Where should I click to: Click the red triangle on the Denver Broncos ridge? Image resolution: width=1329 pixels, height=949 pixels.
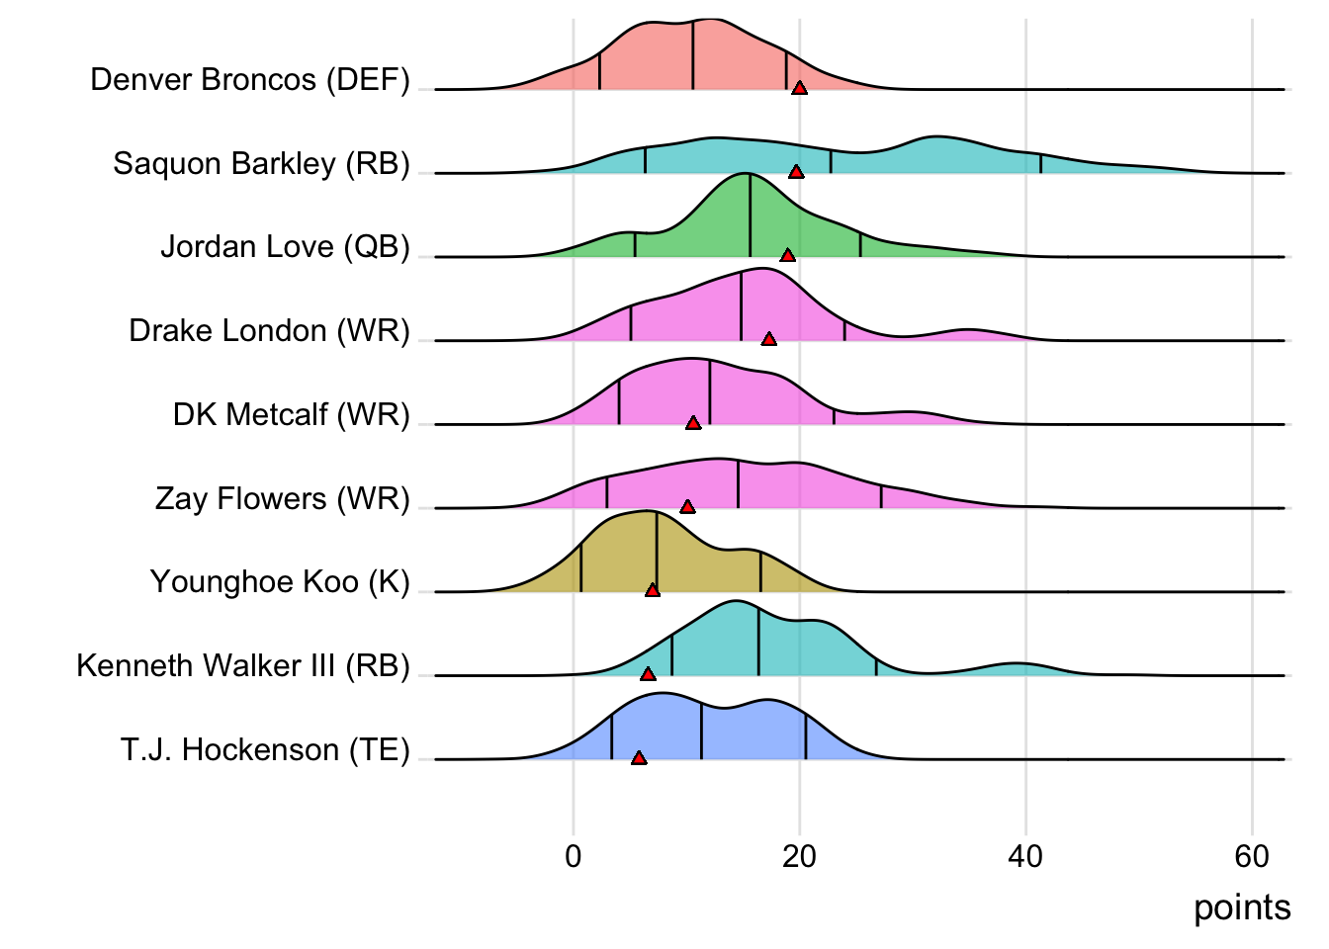point(799,88)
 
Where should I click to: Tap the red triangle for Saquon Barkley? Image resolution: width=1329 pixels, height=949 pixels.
point(796,172)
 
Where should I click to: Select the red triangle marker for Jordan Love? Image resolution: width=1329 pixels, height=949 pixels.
point(787,255)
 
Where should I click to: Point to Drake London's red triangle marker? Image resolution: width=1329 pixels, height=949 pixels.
point(769,339)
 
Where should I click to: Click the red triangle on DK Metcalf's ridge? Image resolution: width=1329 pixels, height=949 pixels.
point(693,423)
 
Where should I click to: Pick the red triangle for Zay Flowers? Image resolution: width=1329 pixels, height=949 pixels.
point(688,507)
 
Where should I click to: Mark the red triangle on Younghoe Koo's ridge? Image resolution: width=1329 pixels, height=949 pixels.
point(653,590)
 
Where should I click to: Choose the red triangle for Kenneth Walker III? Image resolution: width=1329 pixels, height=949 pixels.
point(648,674)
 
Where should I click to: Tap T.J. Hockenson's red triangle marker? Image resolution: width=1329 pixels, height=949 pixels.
point(639,758)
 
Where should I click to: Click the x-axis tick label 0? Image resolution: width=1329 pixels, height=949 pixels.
point(574,856)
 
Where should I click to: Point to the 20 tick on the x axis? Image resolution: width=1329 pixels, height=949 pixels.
point(799,856)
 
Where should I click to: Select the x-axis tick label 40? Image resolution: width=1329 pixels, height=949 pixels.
point(1025,856)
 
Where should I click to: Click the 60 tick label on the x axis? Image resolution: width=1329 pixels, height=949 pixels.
point(1252,856)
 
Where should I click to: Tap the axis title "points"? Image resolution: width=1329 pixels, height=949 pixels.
point(1242,907)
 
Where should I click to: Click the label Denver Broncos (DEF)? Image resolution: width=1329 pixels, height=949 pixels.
point(250,79)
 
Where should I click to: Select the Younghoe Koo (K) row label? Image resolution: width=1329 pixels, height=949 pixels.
point(280,581)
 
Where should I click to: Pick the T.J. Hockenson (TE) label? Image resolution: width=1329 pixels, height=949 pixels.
point(265,749)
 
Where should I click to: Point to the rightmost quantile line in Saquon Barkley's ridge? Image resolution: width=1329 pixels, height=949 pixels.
point(1040,164)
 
